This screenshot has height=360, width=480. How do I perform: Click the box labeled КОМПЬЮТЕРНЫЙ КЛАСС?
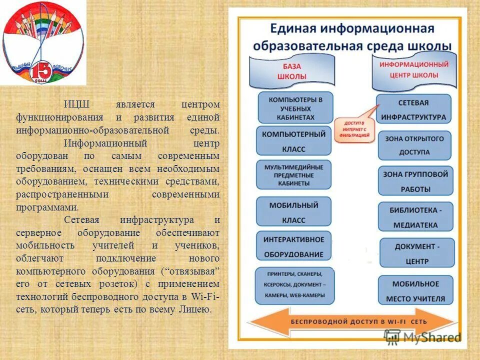pos(294,140)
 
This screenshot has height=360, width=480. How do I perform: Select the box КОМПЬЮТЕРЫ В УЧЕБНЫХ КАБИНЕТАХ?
pos(295,107)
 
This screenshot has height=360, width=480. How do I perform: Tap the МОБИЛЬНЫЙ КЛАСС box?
pos(294,211)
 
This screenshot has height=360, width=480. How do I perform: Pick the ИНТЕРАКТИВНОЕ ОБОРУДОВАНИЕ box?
pos(294,246)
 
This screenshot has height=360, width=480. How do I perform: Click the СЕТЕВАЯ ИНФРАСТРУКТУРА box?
pos(413,109)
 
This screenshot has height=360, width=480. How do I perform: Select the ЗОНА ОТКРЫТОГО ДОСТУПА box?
pos(414,145)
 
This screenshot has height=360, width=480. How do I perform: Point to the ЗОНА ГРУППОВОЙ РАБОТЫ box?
pos(415,181)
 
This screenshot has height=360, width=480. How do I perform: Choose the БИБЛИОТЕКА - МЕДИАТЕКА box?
pos(415,216)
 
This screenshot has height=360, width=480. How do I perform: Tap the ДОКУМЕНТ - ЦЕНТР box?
pos(417,253)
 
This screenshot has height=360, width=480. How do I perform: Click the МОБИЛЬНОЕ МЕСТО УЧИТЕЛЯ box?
pos(415,290)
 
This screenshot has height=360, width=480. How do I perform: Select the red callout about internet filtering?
pos(354,129)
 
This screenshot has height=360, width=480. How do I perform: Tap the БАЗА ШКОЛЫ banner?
pos(291,70)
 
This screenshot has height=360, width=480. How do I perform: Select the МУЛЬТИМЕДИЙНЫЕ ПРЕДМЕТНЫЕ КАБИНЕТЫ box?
pos(294,175)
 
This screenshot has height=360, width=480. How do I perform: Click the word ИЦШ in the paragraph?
pos(76,104)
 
